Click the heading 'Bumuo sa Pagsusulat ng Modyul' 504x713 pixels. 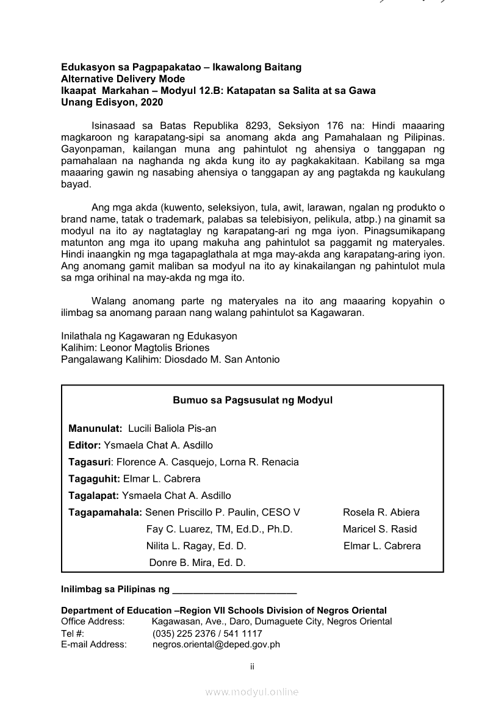[x=252, y=401]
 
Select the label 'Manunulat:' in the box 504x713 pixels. [x=95, y=429]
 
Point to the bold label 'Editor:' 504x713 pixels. [x=85, y=445]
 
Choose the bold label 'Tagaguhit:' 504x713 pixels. [x=95, y=479]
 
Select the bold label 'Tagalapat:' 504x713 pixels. [x=94, y=495]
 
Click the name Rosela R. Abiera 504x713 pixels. [x=381, y=512]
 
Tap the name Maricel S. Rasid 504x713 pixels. [x=380, y=529]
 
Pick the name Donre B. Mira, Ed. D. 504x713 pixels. [x=197, y=563]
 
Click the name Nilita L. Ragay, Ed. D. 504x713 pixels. [x=196, y=546]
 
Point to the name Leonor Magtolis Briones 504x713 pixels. [x=154, y=348]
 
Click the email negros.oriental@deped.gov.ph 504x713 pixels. [x=216, y=644]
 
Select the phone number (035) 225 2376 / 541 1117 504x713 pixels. [x=207, y=634]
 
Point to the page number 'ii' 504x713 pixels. [x=252, y=667]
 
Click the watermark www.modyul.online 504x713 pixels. [x=252, y=692]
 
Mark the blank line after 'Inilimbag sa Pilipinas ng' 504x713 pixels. [x=234, y=590]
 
